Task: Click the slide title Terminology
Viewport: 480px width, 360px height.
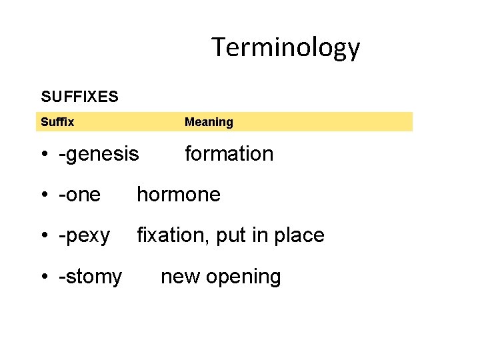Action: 285,47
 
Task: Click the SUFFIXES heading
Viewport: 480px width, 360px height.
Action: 79,97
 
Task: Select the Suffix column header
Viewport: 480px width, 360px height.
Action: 57,122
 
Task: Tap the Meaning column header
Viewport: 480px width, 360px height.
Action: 209,122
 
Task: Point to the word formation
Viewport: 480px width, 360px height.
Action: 229,154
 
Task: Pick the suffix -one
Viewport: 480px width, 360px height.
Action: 79,195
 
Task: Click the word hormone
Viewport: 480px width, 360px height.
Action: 178,195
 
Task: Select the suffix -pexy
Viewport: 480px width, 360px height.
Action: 84,236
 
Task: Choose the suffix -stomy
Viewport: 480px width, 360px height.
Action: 90,277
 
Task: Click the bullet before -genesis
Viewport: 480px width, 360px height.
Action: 43,155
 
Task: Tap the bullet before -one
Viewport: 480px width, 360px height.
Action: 43,195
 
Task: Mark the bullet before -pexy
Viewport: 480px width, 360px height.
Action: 43,236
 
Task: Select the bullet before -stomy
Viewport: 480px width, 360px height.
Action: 43,277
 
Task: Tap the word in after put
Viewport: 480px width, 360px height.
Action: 260,235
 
